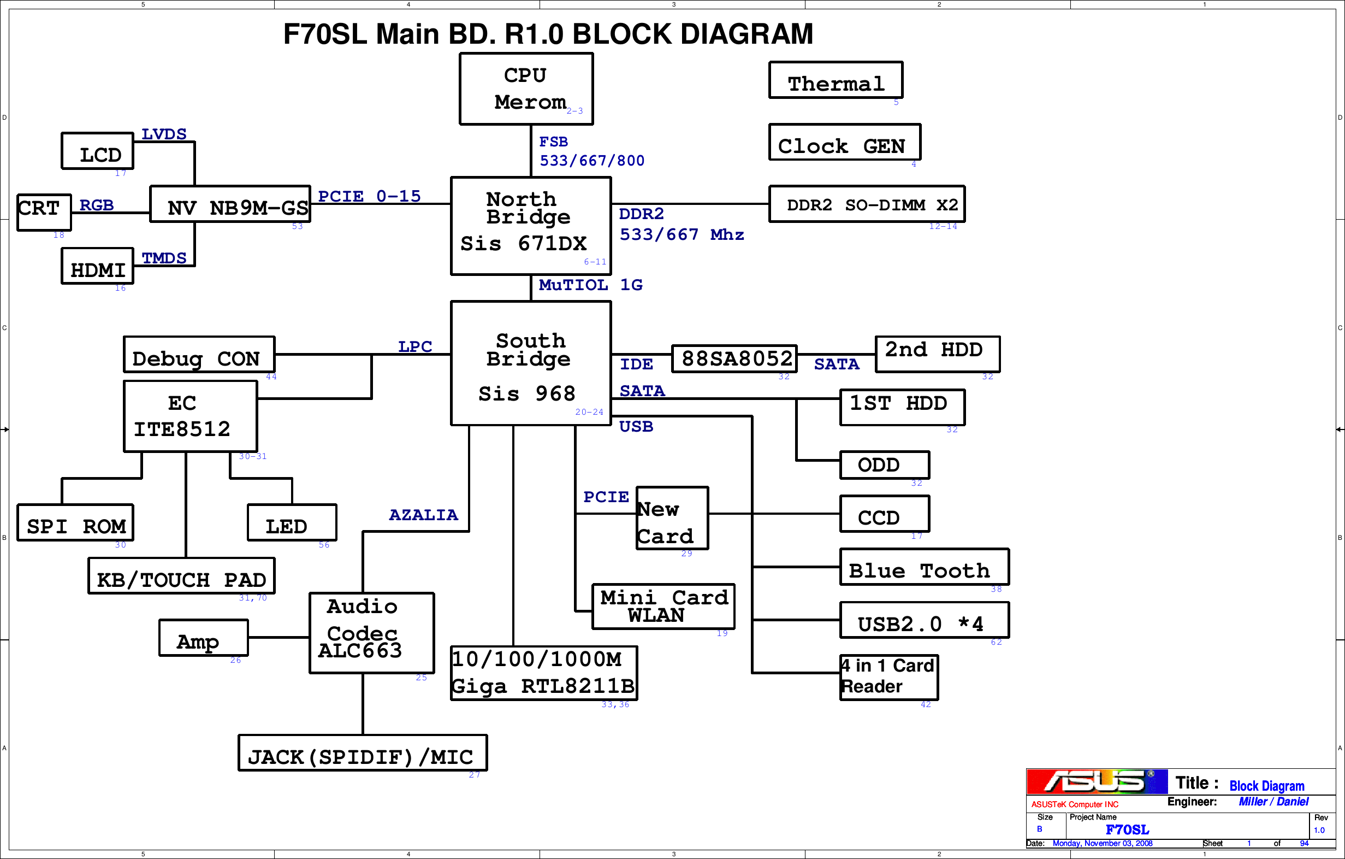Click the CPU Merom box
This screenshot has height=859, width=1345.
[x=526, y=89]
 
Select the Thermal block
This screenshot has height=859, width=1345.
[x=836, y=80]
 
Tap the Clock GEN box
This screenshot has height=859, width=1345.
[x=844, y=143]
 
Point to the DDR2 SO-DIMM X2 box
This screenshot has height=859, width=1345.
[x=866, y=204]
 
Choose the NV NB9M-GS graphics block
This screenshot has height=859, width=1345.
[x=230, y=204]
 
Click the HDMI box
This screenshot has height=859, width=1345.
[x=98, y=267]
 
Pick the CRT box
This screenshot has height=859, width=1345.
[x=44, y=213]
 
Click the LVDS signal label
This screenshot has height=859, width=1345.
[x=164, y=134]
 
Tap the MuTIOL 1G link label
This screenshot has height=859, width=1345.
[x=590, y=285]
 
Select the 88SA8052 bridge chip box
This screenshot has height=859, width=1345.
[x=734, y=359]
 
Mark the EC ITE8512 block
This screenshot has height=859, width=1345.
[x=191, y=416]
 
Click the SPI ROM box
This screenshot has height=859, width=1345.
[x=75, y=523]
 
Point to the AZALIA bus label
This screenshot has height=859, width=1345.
[x=423, y=515]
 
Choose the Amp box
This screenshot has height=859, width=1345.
[x=204, y=638]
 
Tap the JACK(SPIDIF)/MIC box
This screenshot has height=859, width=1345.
[x=363, y=754]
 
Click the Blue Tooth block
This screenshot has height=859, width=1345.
[x=924, y=567]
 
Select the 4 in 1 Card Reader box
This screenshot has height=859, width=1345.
[x=888, y=678]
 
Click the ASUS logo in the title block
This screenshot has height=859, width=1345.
[x=1097, y=782]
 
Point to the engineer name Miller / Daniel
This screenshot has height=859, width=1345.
[x=1273, y=802]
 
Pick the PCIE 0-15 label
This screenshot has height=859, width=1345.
[x=369, y=196]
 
